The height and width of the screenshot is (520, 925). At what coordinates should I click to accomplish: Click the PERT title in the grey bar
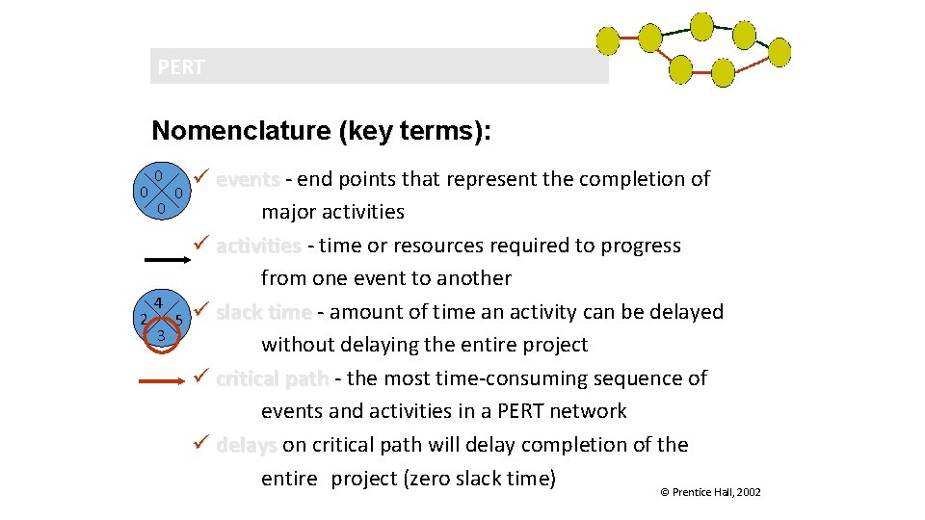(181, 67)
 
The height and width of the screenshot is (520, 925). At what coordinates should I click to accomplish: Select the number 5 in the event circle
(179, 320)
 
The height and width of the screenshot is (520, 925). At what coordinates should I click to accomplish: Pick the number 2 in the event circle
(143, 320)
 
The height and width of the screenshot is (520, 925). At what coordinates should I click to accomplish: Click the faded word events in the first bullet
(248, 179)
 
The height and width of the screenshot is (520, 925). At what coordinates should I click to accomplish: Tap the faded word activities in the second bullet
(258, 246)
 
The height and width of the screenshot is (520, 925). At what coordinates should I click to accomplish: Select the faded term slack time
(263, 312)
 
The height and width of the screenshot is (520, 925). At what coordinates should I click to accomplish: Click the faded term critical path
(273, 378)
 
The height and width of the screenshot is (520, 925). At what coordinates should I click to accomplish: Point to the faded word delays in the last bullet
(247, 445)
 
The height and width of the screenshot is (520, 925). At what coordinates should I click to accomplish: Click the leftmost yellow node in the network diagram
(608, 40)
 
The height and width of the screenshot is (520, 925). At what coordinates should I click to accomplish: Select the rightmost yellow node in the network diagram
(779, 52)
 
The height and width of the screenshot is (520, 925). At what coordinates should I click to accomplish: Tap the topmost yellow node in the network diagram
(702, 26)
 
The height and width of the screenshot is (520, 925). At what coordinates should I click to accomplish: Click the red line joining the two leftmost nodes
(629, 39)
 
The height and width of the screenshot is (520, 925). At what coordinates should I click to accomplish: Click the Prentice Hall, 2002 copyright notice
(709, 492)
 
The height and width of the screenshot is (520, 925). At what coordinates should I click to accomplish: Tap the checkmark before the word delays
(200, 444)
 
